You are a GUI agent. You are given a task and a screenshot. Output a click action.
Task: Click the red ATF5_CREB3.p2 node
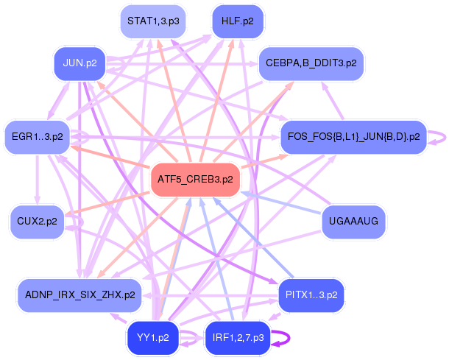(x=196, y=180)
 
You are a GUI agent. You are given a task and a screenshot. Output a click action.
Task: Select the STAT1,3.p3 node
(x=152, y=21)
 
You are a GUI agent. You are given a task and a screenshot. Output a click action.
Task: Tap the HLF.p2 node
(x=237, y=21)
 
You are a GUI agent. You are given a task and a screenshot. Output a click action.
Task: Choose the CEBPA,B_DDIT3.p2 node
(x=311, y=63)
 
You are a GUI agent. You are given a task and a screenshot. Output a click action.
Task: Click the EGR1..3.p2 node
(x=37, y=136)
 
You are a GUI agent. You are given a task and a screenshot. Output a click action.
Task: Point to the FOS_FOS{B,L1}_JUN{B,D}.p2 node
(x=354, y=137)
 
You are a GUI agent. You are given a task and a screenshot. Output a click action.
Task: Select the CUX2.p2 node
(x=37, y=222)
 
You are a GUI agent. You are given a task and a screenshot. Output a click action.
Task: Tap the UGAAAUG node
(x=354, y=222)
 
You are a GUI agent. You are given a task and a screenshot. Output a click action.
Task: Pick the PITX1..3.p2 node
(x=311, y=295)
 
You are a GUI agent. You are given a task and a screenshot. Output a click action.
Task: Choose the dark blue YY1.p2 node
(x=153, y=338)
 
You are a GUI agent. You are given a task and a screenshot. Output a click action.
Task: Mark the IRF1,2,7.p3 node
(x=237, y=338)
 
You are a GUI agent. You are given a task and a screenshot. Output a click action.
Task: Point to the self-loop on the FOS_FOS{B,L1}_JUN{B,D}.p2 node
(x=439, y=137)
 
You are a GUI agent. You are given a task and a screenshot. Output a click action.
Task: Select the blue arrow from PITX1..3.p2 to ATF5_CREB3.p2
(x=250, y=236)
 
